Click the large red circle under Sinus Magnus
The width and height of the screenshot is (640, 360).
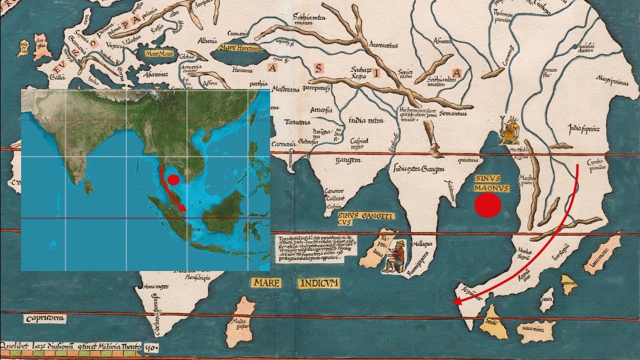click(487, 205)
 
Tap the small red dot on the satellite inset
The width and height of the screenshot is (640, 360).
click(173, 180)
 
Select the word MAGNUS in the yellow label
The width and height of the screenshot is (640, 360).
click(492, 188)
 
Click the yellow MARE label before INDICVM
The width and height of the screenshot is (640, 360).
click(265, 283)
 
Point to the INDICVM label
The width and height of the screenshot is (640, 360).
click(319, 283)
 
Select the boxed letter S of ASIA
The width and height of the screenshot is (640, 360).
click(318, 69)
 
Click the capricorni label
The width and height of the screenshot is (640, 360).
click(44, 318)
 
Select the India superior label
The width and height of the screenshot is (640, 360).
click(584, 128)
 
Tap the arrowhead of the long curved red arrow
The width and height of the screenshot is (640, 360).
click(455, 301)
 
